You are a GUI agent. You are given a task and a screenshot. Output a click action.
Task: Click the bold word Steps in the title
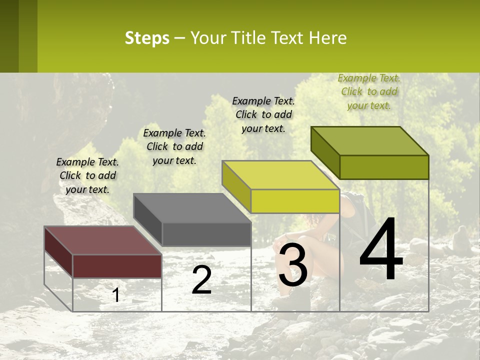[x=147, y=38]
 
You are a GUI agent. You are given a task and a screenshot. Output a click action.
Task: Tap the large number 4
[x=381, y=250]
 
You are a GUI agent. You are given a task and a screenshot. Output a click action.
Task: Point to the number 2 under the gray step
[x=201, y=280]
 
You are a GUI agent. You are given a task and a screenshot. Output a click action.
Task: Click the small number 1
[x=116, y=295]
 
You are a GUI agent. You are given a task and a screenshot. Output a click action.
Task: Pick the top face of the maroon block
[x=102, y=240]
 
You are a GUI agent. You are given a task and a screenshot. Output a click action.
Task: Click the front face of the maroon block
[x=117, y=266]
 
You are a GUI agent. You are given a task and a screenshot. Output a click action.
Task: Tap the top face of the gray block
[x=192, y=208]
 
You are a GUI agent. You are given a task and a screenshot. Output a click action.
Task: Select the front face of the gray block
[x=206, y=234]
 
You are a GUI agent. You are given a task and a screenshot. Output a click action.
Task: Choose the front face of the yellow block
[x=295, y=201]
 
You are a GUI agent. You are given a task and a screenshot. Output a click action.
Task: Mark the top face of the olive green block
[x=370, y=141]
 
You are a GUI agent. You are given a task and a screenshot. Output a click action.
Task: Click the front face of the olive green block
[x=384, y=167]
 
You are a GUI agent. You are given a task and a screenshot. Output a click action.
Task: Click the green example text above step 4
[x=369, y=92]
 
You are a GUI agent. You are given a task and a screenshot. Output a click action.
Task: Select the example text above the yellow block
[x=263, y=114]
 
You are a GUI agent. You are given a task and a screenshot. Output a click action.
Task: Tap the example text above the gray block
[x=174, y=146]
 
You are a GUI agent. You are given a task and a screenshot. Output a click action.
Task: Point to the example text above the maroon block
[x=87, y=175]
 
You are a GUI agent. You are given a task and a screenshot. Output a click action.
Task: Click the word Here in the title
[x=327, y=38]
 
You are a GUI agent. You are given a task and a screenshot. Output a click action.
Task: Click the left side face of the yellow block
[x=236, y=187]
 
